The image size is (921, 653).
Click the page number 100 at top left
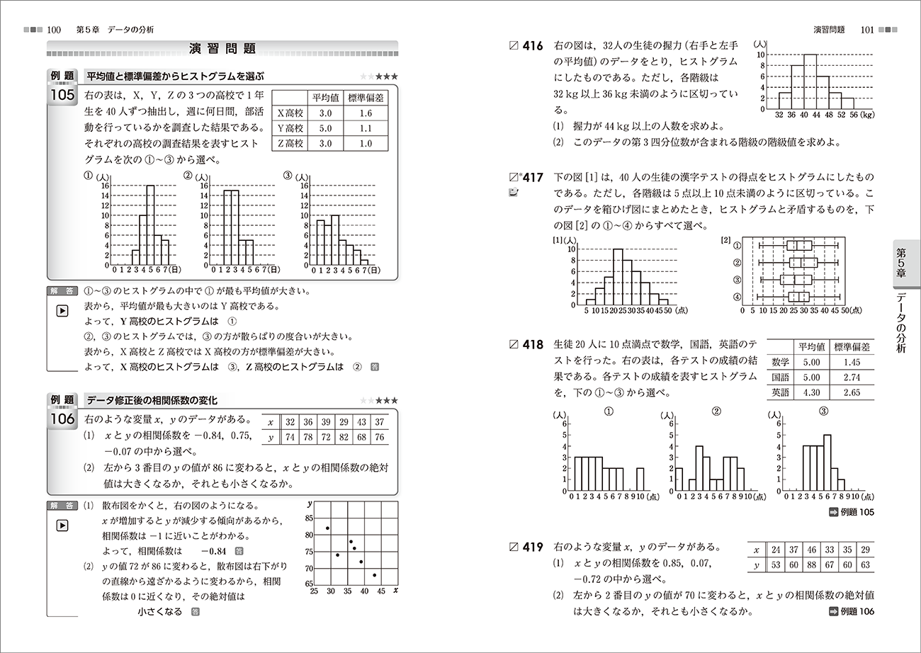click(54, 30)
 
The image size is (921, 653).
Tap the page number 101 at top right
click(865, 30)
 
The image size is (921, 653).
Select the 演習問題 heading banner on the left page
click(222, 49)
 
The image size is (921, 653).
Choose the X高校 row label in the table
click(289, 113)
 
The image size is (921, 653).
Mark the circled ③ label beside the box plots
click(738, 279)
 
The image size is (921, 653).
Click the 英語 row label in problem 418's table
click(781, 393)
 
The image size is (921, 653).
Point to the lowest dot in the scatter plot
click(374, 574)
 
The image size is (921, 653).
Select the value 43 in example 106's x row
click(361, 422)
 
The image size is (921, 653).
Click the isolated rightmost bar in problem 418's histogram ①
click(640, 480)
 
